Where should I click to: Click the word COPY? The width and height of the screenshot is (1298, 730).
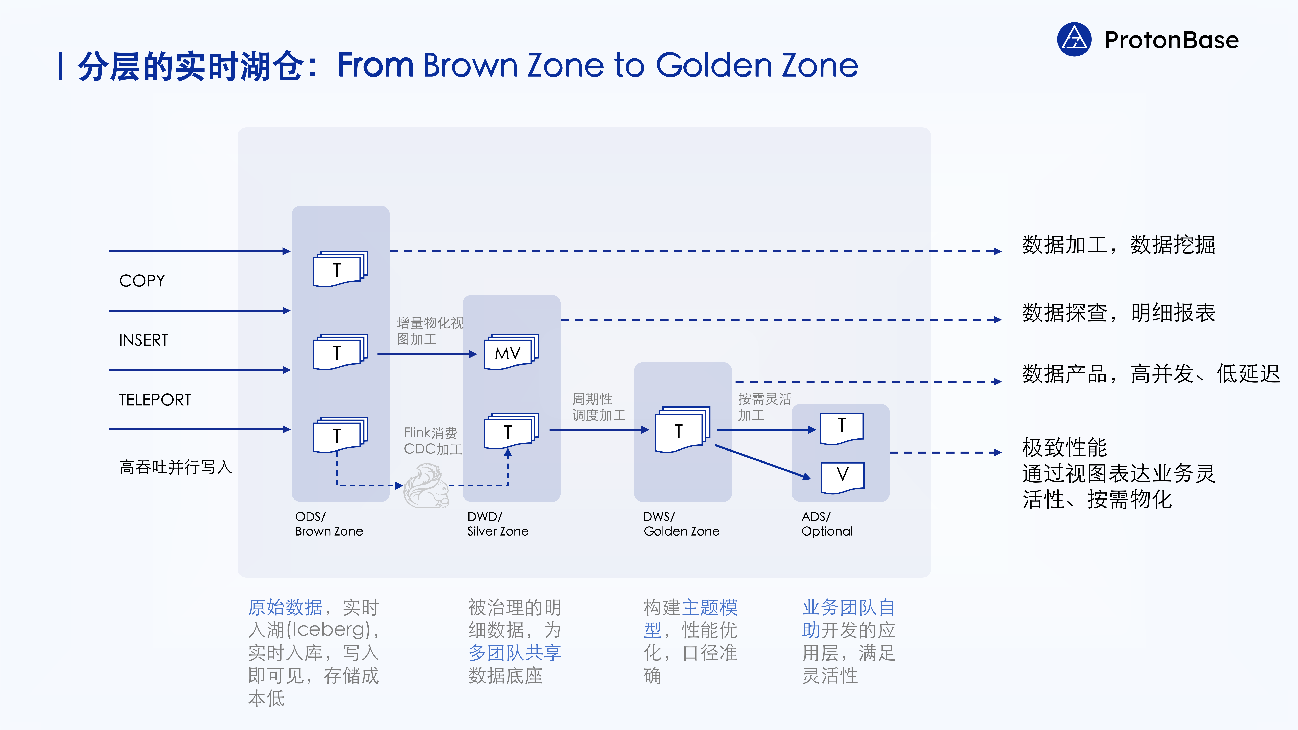coord(142,281)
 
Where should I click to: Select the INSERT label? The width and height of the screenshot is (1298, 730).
coord(144,340)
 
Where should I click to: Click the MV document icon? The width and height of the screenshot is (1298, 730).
coord(511,352)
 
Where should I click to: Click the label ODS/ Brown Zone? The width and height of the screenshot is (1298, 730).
coord(329,524)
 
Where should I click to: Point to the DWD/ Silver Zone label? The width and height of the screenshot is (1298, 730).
coord(498,524)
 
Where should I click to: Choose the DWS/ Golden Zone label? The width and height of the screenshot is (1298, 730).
coord(681,524)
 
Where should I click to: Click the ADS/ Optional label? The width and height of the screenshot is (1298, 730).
coord(827,524)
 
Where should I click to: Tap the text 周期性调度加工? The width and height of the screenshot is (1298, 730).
coord(599,407)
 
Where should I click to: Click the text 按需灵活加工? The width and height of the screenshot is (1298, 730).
coord(764,407)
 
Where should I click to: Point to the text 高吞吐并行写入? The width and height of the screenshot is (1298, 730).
coord(175,467)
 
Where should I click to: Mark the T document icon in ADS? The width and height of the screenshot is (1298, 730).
coord(842,428)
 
